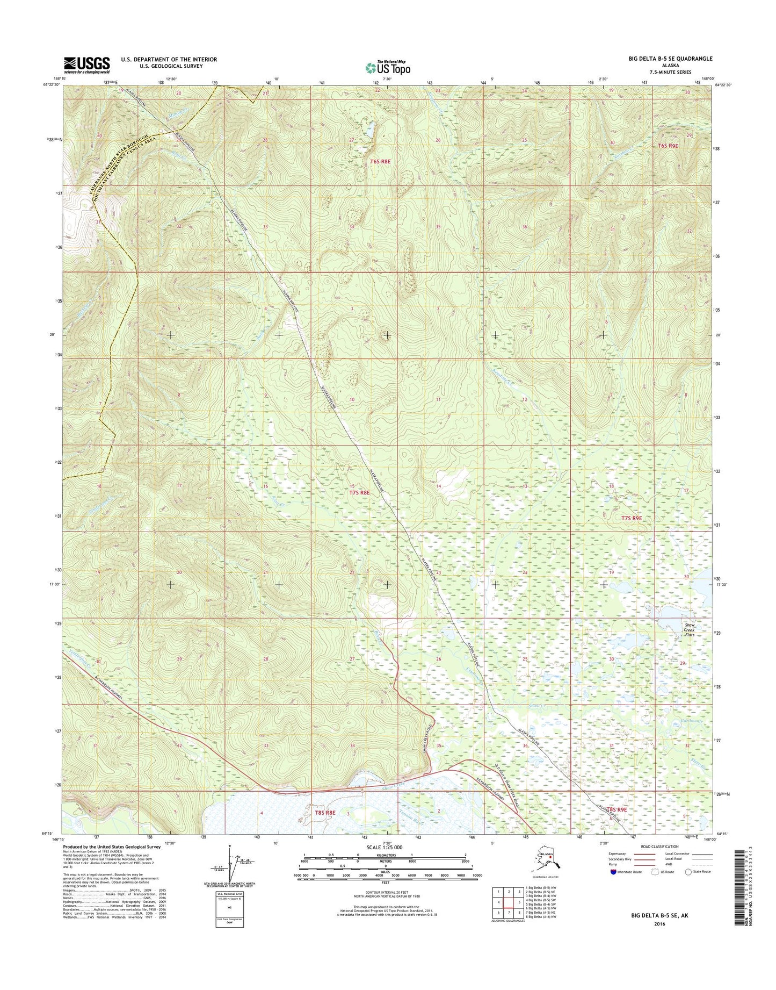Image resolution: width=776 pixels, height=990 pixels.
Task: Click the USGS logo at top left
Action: coord(87,65)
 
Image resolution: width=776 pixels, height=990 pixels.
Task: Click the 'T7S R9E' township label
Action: coord(631,518)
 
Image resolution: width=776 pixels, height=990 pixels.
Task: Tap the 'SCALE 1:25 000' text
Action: coord(384,847)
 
